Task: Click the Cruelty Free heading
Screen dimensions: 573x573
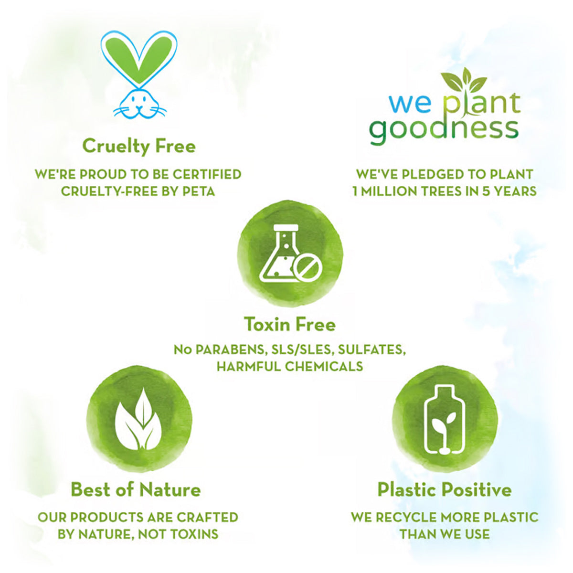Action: (139, 146)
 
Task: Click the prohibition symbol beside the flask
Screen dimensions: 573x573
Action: (308, 266)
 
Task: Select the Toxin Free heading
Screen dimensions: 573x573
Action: (290, 325)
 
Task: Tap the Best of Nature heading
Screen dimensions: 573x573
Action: (136, 489)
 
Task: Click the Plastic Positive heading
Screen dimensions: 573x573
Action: (444, 489)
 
